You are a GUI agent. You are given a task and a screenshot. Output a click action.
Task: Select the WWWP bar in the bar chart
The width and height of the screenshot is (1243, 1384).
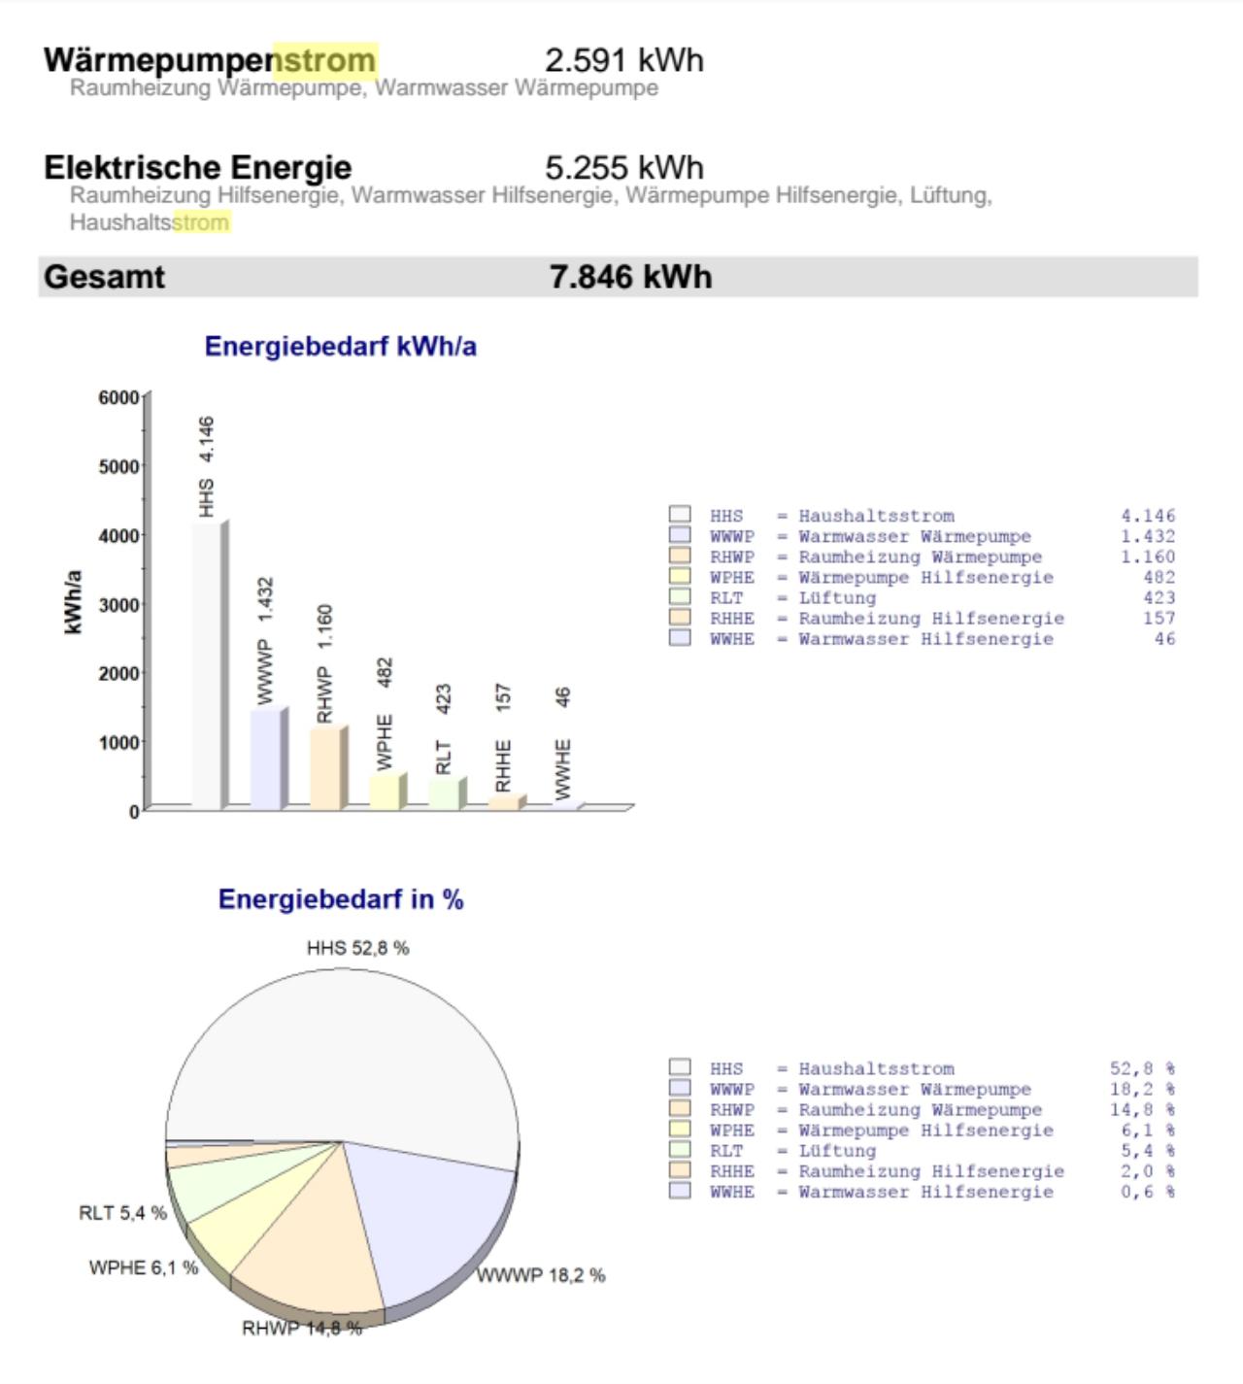click(265, 759)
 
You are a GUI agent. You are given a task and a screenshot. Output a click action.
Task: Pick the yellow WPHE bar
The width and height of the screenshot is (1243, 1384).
click(384, 792)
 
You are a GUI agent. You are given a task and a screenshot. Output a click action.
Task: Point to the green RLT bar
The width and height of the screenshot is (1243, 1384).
click(444, 793)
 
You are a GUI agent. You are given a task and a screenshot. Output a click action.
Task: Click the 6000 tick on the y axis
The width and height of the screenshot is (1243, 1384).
click(118, 397)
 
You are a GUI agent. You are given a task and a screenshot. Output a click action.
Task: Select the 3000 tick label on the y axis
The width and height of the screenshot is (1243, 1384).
click(118, 604)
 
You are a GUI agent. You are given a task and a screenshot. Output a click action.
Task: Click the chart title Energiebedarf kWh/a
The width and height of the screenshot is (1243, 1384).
click(340, 347)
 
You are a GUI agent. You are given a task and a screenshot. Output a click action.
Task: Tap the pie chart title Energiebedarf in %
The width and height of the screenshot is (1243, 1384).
click(340, 899)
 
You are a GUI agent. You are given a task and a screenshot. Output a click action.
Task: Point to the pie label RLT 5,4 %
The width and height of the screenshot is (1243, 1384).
click(122, 1213)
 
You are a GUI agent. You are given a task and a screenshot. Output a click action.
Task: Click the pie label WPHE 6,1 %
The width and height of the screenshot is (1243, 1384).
click(143, 1268)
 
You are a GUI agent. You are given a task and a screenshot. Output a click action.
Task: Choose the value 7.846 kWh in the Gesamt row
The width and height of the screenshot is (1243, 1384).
click(630, 277)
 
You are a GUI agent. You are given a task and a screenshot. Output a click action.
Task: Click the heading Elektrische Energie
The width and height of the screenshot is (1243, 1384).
click(197, 167)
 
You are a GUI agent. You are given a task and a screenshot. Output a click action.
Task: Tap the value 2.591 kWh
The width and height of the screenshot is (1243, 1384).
click(623, 60)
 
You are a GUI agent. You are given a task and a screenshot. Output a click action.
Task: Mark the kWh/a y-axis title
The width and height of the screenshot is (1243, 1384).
click(73, 602)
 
